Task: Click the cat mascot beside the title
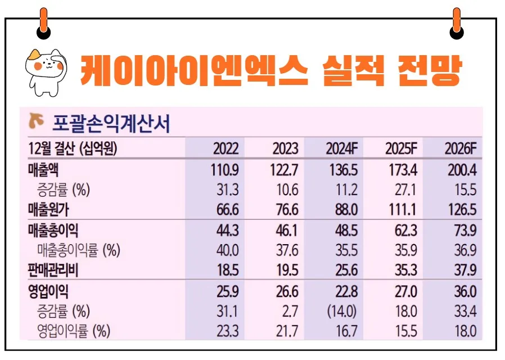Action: pos(44,71)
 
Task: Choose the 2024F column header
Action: pos(341,149)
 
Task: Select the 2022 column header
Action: pos(226,149)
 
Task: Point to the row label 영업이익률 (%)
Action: pos(73,331)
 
